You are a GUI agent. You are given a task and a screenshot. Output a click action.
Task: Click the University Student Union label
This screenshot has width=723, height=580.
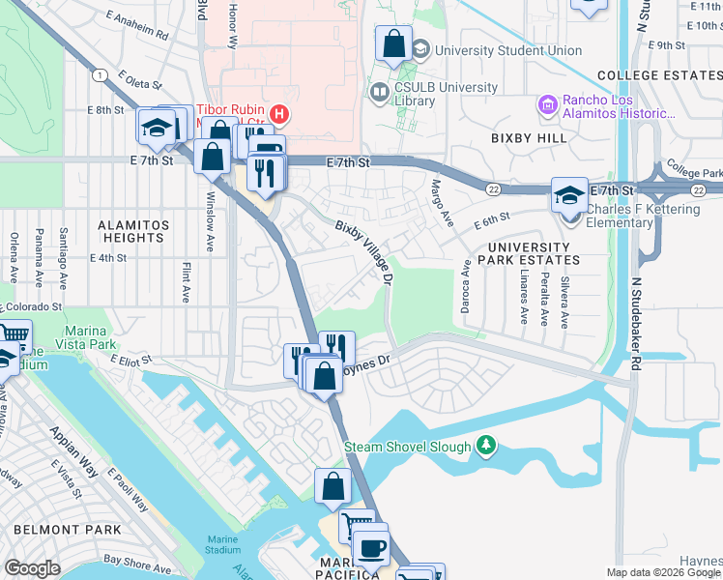click(508, 50)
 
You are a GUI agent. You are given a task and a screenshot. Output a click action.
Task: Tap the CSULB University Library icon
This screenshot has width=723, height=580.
click(378, 92)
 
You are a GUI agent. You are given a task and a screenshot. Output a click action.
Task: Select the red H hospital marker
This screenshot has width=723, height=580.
click(279, 114)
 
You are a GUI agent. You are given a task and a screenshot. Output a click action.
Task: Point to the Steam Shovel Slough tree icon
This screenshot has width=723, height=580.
click(488, 446)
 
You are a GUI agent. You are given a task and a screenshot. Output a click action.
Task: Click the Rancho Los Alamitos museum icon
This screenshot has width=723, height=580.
click(548, 104)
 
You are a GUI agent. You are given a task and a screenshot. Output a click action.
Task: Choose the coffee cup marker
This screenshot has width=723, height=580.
click(369, 546)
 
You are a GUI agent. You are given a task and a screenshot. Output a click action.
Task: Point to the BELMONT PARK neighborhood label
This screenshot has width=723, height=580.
click(68, 530)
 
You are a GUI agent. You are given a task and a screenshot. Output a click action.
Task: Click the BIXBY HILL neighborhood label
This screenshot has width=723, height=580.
click(529, 139)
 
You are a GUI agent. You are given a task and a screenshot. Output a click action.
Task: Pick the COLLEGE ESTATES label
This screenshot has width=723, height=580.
click(658, 75)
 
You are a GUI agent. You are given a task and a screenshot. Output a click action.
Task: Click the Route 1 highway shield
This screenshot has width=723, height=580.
click(98, 74)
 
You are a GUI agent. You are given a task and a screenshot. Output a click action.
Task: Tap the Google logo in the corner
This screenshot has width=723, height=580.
click(31, 568)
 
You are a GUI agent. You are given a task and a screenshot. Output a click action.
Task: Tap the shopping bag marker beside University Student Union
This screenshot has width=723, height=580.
click(393, 43)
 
